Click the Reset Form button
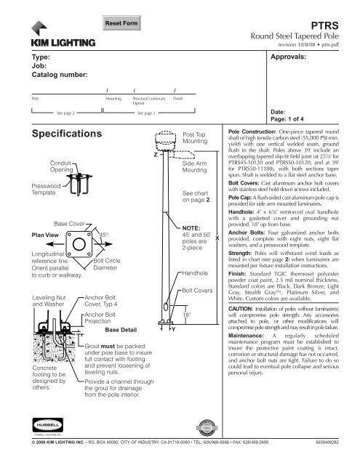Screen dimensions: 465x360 point(121,24)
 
